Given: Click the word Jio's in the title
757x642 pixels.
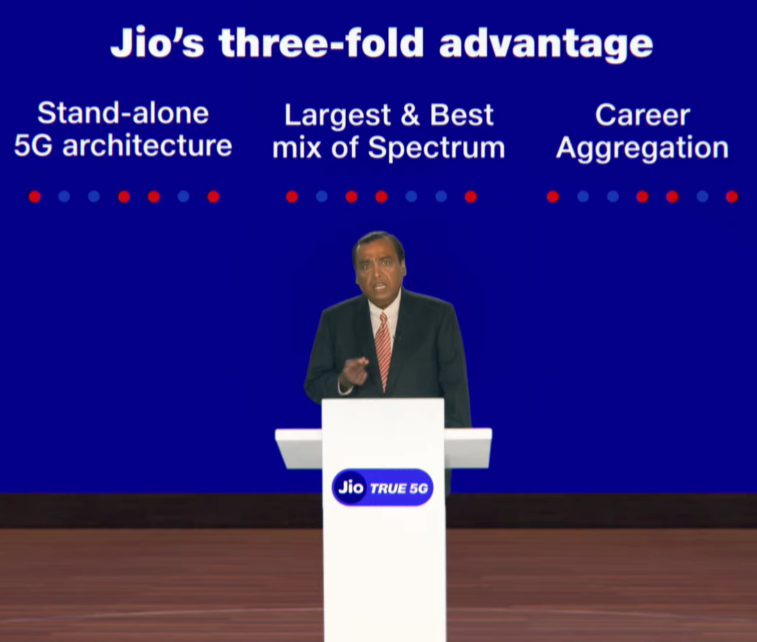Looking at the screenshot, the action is pyautogui.click(x=158, y=43).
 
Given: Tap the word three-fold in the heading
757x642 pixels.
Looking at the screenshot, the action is pyautogui.click(x=322, y=43).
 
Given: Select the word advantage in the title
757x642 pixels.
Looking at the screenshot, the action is pyautogui.click(x=546, y=45).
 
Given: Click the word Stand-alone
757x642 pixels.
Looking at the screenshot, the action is pyautogui.click(x=123, y=113).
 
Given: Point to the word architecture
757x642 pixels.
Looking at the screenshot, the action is pyautogui.click(x=147, y=146).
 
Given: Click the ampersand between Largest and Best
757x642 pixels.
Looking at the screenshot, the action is pyautogui.click(x=410, y=115).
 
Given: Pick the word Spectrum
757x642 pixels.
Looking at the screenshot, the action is pyautogui.click(x=436, y=149).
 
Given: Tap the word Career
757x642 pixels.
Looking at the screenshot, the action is pyautogui.click(x=642, y=115).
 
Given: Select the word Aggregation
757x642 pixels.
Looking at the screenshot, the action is pyautogui.click(x=642, y=148).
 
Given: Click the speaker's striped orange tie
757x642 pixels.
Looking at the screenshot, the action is pyautogui.click(x=383, y=350).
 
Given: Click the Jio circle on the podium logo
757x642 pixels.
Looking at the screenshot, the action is pyautogui.click(x=351, y=487).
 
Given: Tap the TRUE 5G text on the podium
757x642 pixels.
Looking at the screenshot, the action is pyautogui.click(x=399, y=489).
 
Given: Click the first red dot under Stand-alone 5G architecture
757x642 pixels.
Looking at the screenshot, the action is pyautogui.click(x=34, y=197).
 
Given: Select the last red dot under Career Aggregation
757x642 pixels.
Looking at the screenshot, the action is pyautogui.click(x=731, y=197).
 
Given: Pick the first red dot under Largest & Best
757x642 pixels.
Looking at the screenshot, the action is pyautogui.click(x=292, y=197).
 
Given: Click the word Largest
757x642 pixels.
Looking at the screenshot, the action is pyautogui.click(x=338, y=116).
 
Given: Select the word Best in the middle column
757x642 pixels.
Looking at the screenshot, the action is pyautogui.click(x=462, y=115).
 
